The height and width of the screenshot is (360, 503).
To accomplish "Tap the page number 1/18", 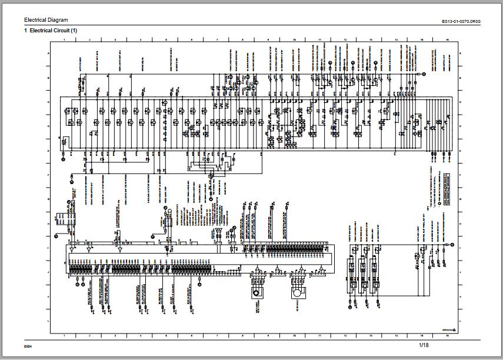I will pyautogui.click(x=424, y=344).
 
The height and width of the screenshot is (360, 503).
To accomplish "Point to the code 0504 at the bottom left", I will pyautogui.click(x=28, y=345).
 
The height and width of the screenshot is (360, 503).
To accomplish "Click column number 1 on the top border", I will pyautogui.click(x=64, y=39).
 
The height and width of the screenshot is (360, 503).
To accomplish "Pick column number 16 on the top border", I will pyautogui.click(x=448, y=39).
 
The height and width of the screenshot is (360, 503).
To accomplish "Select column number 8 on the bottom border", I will pyautogui.click(x=243, y=334).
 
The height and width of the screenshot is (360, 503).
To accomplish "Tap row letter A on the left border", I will pyautogui.click(x=48, y=54).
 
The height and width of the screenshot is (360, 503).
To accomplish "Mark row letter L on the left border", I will pyautogui.click(x=48, y=321).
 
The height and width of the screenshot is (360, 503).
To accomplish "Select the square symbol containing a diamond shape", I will pyautogui.click(x=258, y=292).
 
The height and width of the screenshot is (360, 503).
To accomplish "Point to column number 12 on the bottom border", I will pyautogui.click(x=345, y=334).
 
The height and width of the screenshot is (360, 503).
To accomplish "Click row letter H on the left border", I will pyautogui.click(x=48, y=224).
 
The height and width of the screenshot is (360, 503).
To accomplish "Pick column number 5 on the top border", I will pyautogui.click(x=166, y=39).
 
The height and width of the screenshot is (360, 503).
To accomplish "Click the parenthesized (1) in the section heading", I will pyautogui.click(x=74, y=30).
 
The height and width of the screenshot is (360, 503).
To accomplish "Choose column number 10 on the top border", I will pyautogui.click(x=294, y=39).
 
